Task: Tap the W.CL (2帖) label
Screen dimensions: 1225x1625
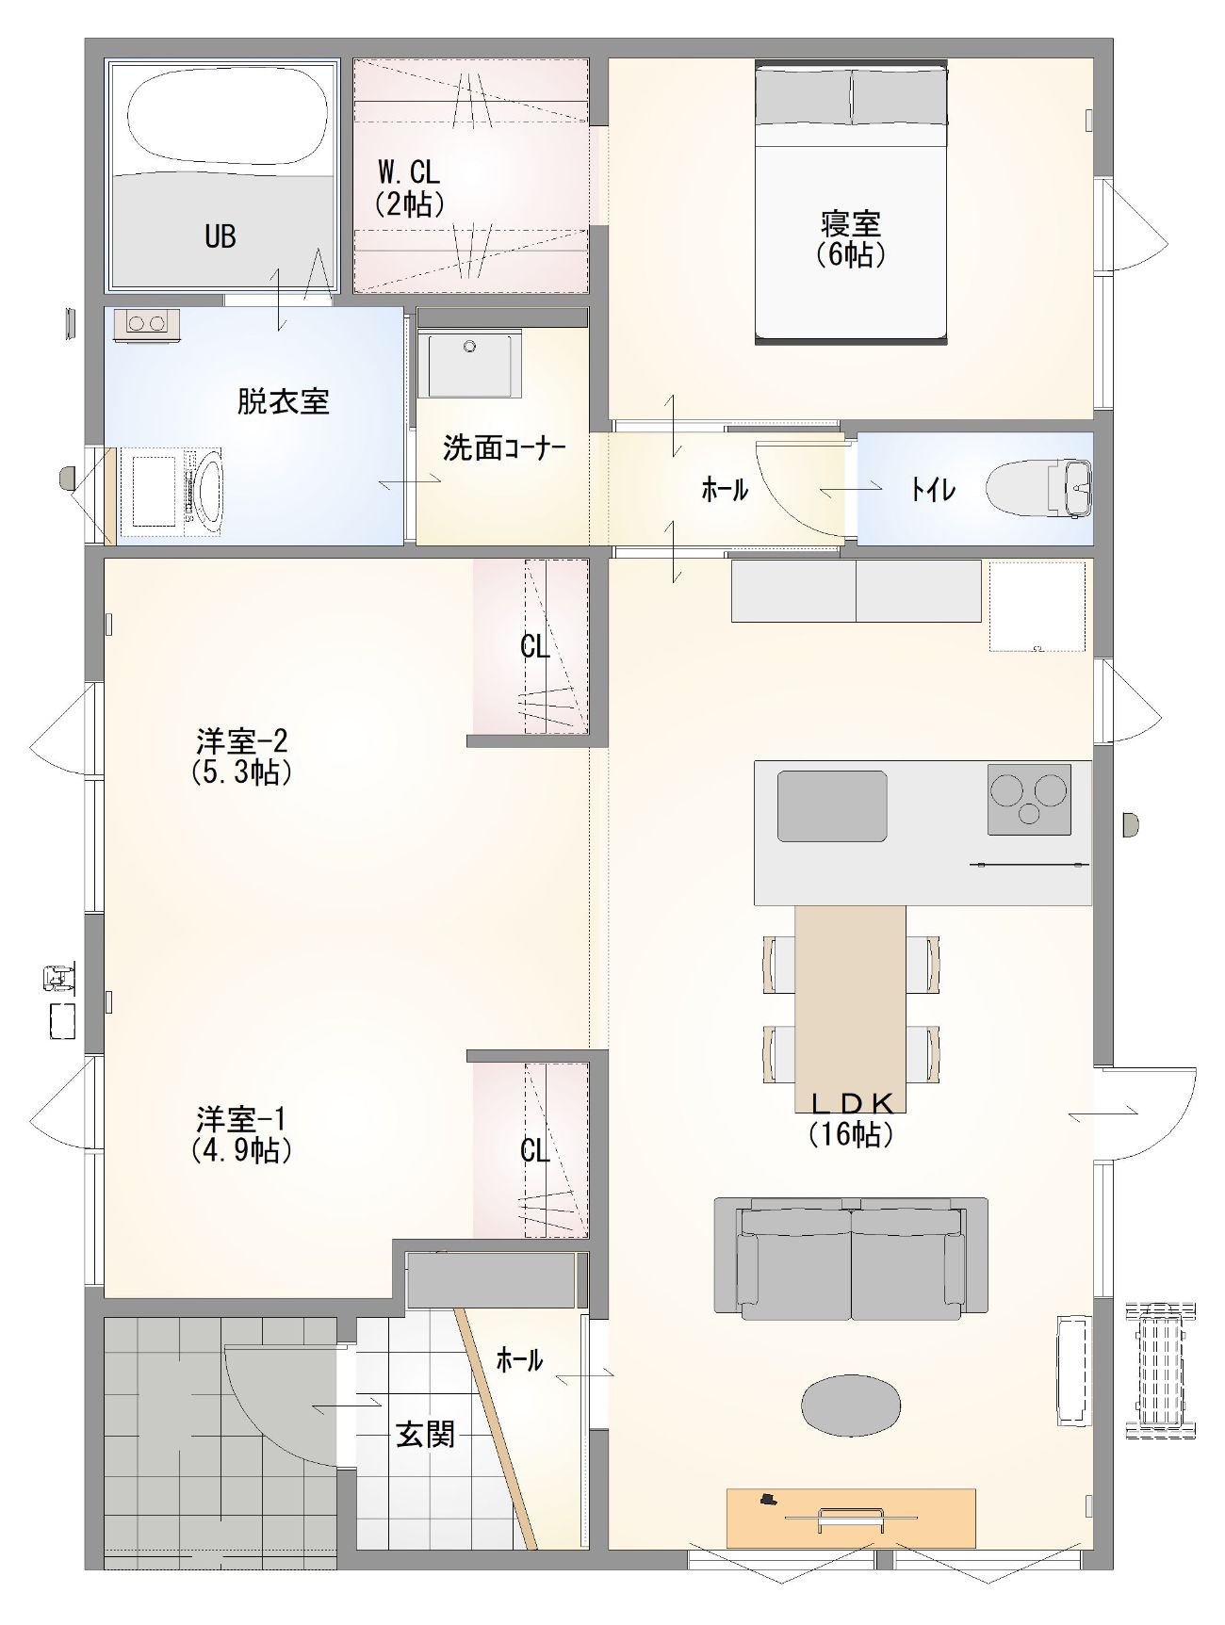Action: point(409,187)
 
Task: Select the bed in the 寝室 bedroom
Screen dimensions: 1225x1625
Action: point(851,202)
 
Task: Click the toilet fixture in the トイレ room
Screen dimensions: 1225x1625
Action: point(1038,489)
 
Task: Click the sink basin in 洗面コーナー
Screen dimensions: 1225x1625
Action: point(469,364)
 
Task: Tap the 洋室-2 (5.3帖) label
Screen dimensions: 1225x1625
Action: point(241,756)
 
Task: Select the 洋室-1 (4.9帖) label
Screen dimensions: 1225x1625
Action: point(241,1134)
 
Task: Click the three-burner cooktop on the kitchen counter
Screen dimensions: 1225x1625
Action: point(1029,799)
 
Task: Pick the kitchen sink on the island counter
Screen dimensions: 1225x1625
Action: point(832,806)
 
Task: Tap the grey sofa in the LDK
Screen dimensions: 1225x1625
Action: point(851,1258)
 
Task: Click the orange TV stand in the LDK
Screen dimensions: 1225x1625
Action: point(851,1518)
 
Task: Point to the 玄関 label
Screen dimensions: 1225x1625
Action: point(425,1434)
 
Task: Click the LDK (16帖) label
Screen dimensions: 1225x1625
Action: point(851,1118)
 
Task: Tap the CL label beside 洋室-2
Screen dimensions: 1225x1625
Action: point(534,646)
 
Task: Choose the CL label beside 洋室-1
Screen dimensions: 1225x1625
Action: point(534,1150)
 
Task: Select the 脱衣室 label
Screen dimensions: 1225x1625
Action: point(283,402)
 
